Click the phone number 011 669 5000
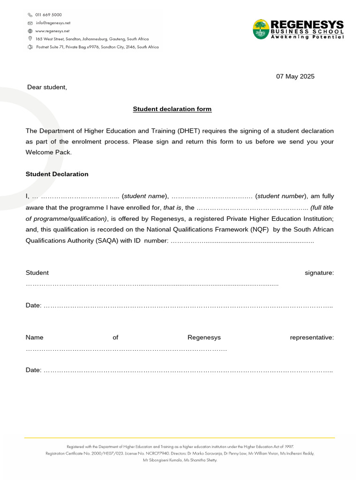[x=48, y=15]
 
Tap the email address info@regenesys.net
[x=53, y=23]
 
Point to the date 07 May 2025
[x=295, y=76]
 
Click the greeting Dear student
[x=47, y=87]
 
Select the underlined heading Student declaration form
[x=172, y=109]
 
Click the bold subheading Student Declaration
[x=57, y=174]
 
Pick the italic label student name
[x=144, y=196]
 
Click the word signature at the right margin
[x=319, y=273]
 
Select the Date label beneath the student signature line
[x=33, y=306]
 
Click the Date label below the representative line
[x=33, y=370]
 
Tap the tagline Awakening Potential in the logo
[x=307, y=37]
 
